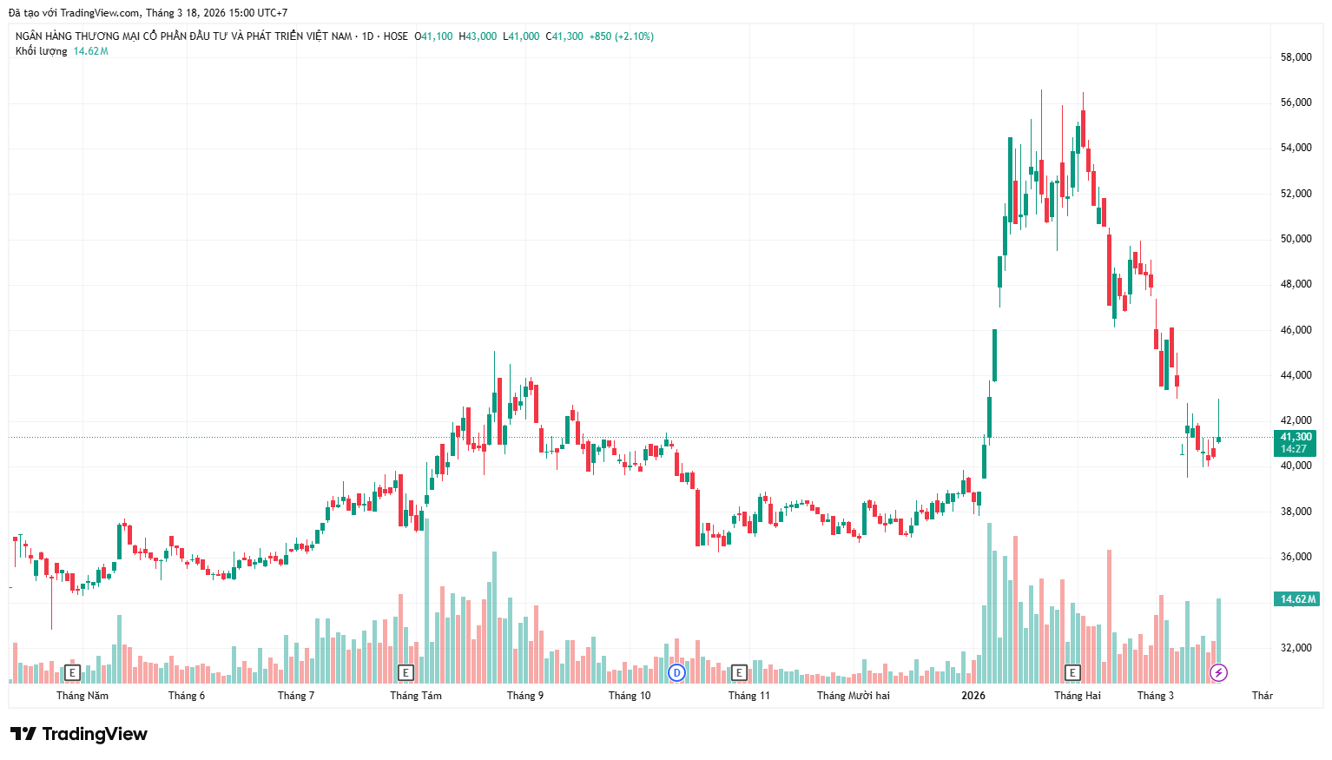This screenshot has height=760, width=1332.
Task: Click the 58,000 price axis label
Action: [x=1296, y=57]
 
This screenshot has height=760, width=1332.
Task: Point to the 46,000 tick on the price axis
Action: [x=1296, y=330]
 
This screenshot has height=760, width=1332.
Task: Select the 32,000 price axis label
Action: [x=1296, y=648]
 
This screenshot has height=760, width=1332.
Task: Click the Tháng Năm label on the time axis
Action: [x=82, y=696]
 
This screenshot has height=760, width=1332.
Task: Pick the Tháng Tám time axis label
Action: [x=415, y=696]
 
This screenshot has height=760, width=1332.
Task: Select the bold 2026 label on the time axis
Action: [x=973, y=696]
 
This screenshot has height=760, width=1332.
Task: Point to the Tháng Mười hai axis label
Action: [x=853, y=696]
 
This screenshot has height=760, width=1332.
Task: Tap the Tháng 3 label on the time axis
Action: [x=1155, y=696]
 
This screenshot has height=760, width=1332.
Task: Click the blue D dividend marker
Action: [x=676, y=672]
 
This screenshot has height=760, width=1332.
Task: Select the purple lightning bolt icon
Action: [x=1218, y=672]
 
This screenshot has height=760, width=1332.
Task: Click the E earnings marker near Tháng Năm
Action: [x=72, y=672]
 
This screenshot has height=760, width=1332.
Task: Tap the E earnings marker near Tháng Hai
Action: [x=1072, y=672]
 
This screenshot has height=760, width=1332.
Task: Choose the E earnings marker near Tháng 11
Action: [x=739, y=672]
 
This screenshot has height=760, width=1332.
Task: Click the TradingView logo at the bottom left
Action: [x=79, y=734]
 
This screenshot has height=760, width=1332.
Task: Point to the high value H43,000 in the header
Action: [x=478, y=36]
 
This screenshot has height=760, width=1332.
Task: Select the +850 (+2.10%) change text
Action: [x=621, y=36]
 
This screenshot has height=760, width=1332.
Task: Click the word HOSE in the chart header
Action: [x=395, y=36]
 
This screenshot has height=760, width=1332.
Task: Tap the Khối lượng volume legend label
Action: [x=41, y=51]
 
